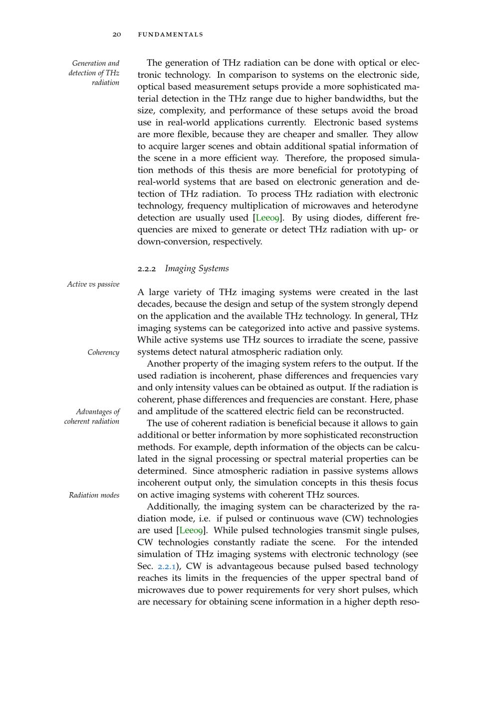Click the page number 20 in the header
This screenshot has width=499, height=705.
click(x=117, y=34)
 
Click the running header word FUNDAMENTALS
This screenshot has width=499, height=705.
click(x=170, y=34)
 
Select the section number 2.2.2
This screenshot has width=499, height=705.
click(x=147, y=269)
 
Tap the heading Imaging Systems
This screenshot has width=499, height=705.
click(x=197, y=268)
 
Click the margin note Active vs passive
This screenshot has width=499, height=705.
click(x=93, y=284)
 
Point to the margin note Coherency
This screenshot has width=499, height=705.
click(x=103, y=352)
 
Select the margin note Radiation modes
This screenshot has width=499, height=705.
click(x=94, y=495)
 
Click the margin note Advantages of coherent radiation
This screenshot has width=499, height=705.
click(x=92, y=416)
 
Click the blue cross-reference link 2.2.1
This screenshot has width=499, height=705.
click(x=167, y=566)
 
